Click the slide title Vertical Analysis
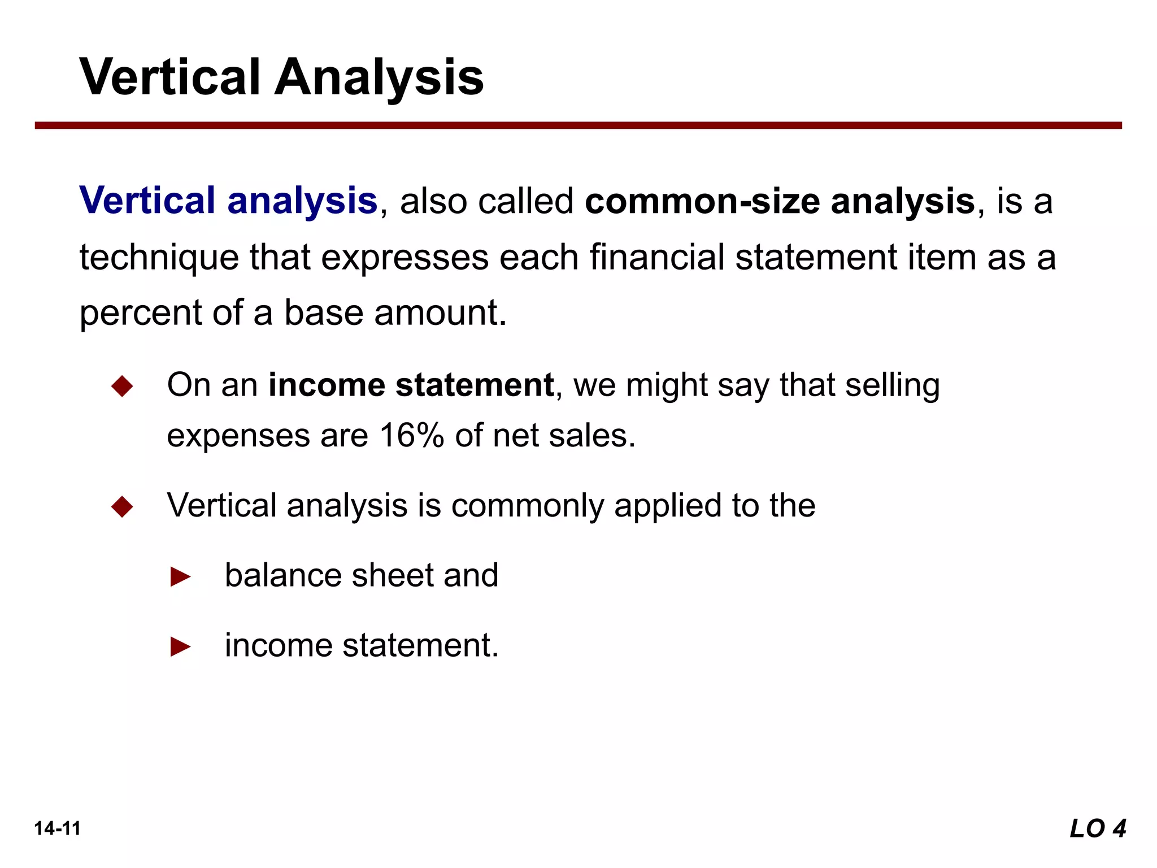click(x=281, y=77)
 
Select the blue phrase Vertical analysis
click(x=228, y=201)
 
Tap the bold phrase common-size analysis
click(x=780, y=201)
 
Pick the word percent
click(x=140, y=313)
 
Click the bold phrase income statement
click(x=411, y=385)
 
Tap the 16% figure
click(x=411, y=436)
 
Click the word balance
click(x=282, y=575)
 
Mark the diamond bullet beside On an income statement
click(x=122, y=387)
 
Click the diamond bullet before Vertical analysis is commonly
click(x=122, y=506)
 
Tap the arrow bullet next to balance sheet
click(x=180, y=577)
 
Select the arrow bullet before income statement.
click(x=180, y=646)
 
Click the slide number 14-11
click(x=57, y=829)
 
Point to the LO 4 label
click(x=1097, y=829)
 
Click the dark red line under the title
click(x=578, y=125)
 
